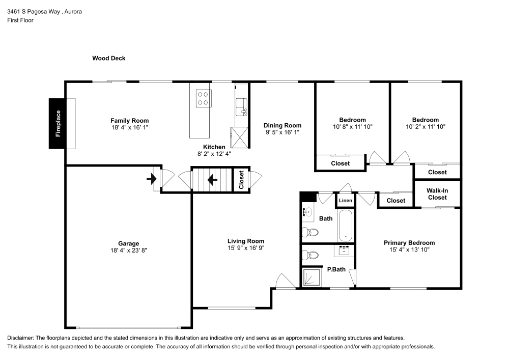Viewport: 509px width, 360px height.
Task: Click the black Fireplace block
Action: [57, 123]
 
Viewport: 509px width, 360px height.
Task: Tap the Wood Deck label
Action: [108, 59]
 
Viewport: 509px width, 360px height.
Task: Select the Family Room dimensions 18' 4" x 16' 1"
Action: [130, 127]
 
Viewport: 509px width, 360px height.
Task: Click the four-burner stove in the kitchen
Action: [203, 98]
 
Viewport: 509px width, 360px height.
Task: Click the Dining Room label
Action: [282, 125]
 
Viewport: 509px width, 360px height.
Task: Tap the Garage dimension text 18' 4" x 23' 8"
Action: [129, 250]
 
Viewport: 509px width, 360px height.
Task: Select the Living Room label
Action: [246, 241]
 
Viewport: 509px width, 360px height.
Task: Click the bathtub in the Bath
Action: [346, 225]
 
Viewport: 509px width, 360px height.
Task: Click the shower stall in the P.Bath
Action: [310, 278]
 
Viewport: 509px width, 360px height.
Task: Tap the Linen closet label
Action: [346, 201]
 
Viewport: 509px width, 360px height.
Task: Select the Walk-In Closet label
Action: [437, 194]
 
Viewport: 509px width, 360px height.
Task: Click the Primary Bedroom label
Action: [409, 243]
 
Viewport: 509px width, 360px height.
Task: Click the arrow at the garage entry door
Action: [151, 179]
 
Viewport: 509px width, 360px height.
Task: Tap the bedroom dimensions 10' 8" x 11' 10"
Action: [353, 127]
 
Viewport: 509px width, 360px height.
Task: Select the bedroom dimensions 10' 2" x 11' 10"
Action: [425, 127]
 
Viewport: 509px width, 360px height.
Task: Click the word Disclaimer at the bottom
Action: [20, 338]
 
